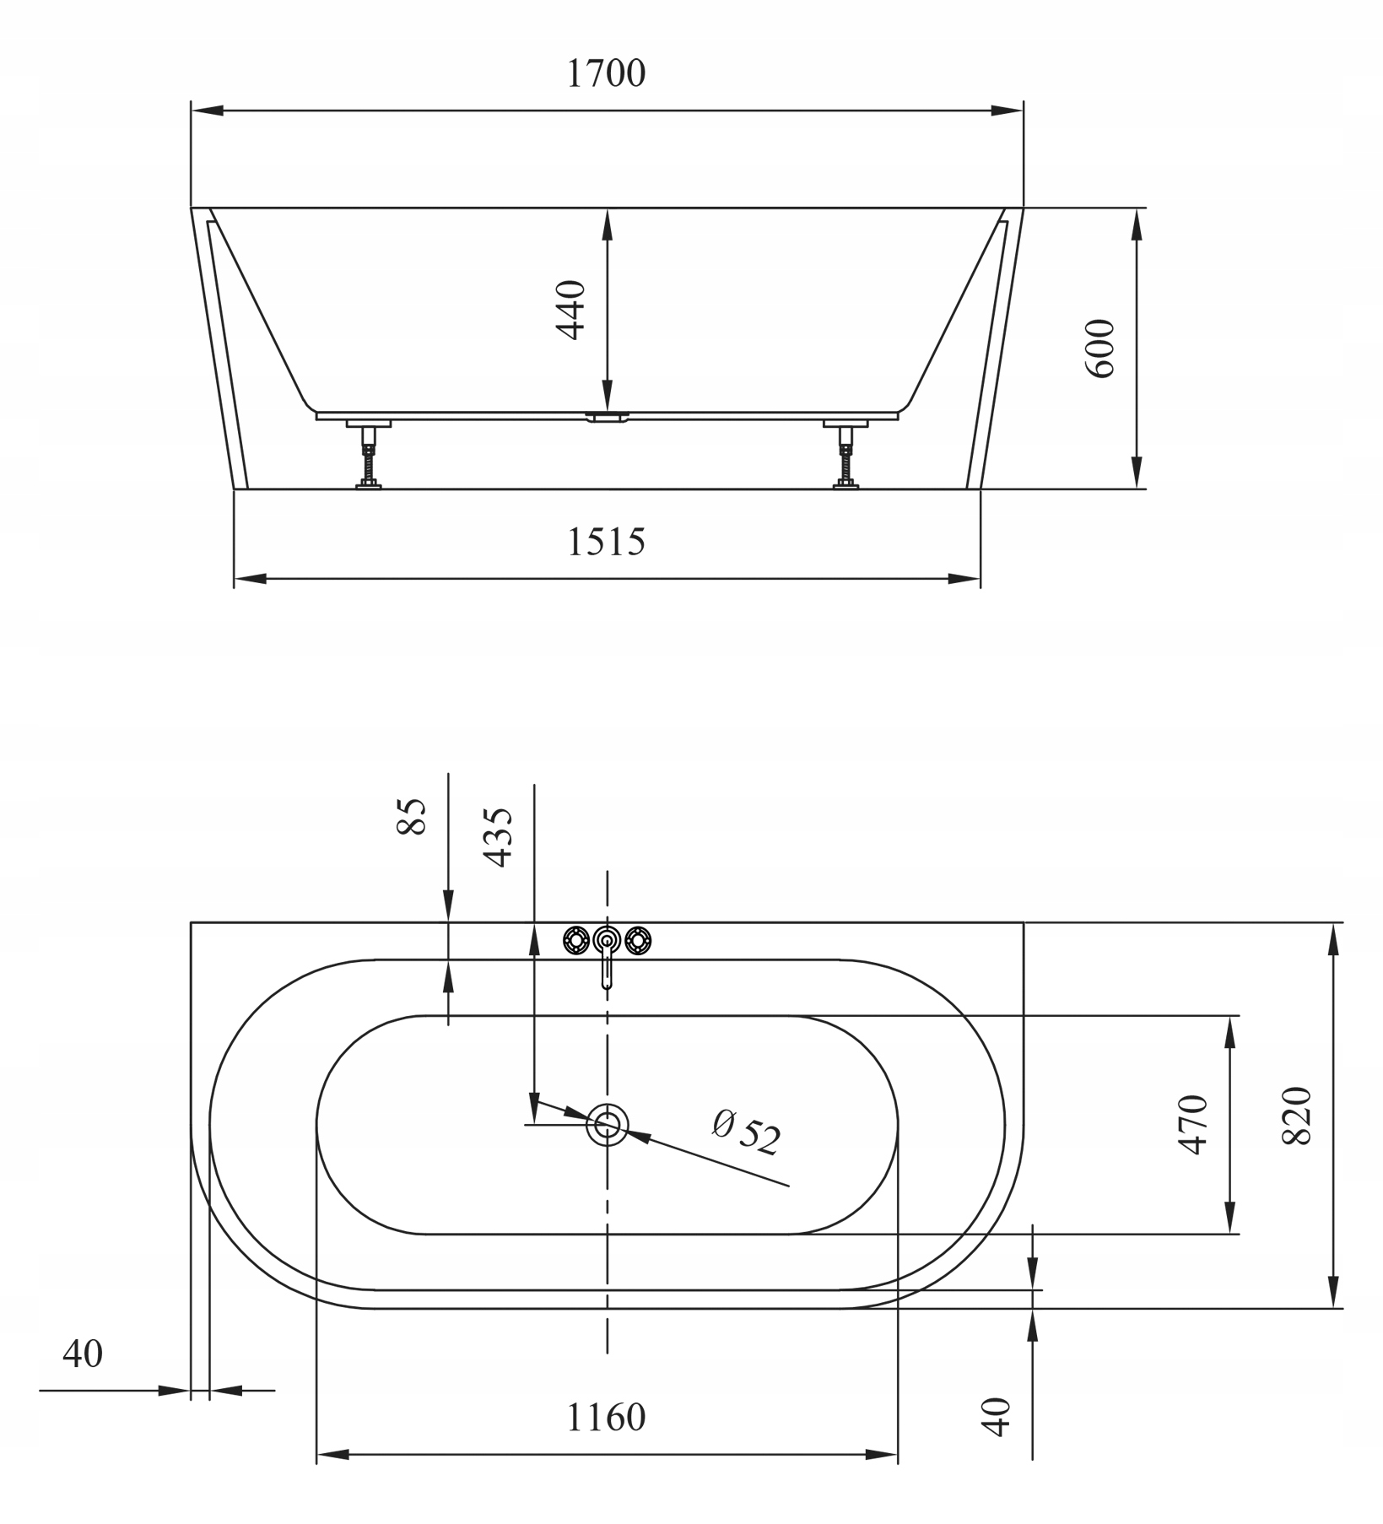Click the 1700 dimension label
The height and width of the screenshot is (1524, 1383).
pos(606,73)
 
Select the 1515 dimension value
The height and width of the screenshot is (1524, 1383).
pos(606,542)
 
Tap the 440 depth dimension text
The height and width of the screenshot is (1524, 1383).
pos(572,310)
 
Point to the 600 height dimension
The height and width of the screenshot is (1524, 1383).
pos(1099,348)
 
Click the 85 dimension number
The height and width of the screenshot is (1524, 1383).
pos(412,816)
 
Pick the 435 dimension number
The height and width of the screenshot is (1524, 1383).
pos(497,838)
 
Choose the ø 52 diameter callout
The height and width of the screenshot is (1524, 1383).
pos(746,1132)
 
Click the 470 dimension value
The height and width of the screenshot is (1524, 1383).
pos(1193,1124)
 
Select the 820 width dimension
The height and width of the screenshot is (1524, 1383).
pos(1297,1116)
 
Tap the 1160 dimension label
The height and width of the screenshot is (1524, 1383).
pos(606,1418)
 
